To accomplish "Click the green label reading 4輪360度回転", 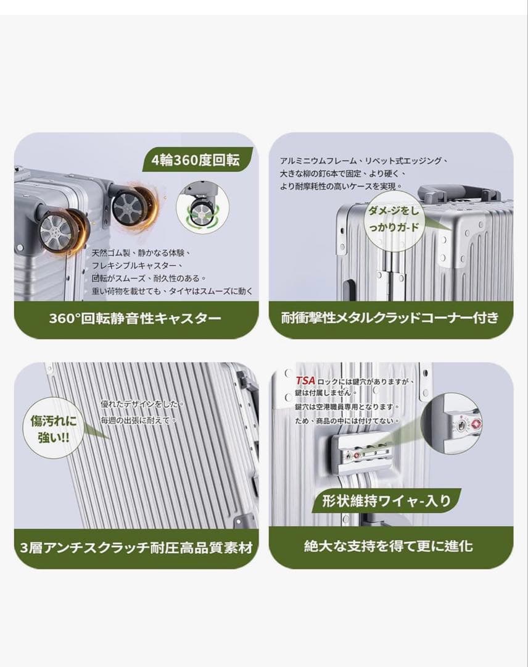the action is click(x=196, y=160).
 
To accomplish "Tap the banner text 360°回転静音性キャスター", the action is click(x=135, y=318).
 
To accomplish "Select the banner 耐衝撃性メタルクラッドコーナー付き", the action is click(x=390, y=318).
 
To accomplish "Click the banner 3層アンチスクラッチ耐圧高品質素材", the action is click(x=136, y=547).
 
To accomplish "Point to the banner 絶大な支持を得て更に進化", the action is click(x=388, y=546).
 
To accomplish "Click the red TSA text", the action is click(x=305, y=380).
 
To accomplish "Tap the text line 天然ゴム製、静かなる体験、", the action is click(x=141, y=253).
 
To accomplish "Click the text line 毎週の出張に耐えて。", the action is click(x=139, y=421).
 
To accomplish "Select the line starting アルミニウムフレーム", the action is click(x=363, y=161).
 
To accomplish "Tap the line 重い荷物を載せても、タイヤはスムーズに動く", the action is click(x=173, y=292).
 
